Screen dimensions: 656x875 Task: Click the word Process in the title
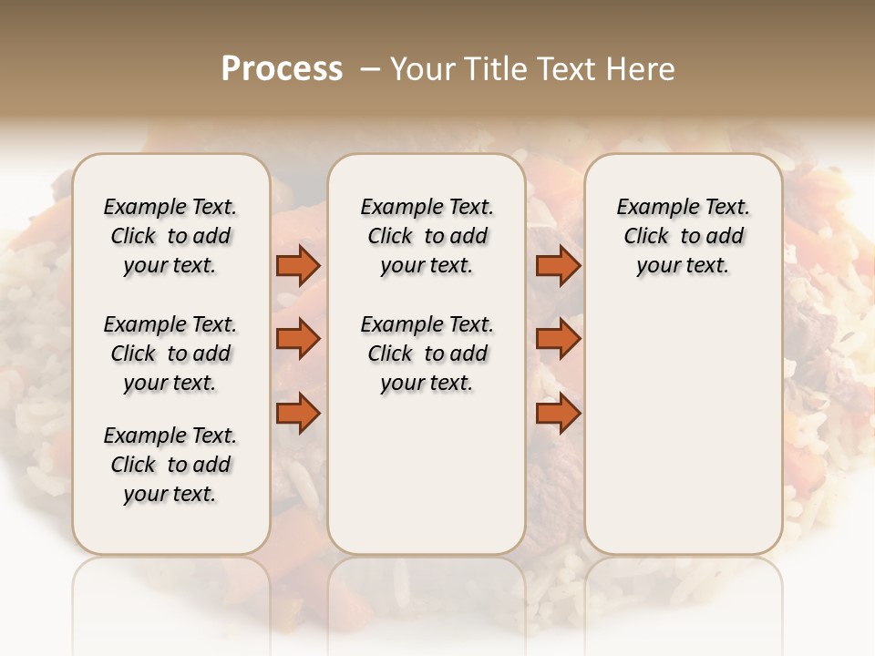[x=282, y=69]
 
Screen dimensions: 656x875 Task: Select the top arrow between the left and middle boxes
[x=298, y=266]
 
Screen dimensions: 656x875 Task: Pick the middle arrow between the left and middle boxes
[x=298, y=339]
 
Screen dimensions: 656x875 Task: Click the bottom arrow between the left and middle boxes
[x=298, y=413]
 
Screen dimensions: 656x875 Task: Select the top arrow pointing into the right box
[x=558, y=266]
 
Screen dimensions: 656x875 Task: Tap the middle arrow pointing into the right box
[x=558, y=339]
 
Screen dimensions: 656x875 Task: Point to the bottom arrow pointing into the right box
[x=558, y=413]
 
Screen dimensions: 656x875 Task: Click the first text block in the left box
[x=170, y=236]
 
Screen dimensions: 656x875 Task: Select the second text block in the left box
[x=170, y=354]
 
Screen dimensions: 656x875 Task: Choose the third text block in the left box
[x=170, y=465]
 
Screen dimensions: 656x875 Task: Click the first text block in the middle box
[x=427, y=236]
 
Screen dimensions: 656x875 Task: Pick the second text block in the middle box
[x=427, y=354]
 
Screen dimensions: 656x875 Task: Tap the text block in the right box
[x=683, y=236]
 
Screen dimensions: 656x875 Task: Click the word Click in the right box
[x=646, y=236]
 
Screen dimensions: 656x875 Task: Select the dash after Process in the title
[x=370, y=69]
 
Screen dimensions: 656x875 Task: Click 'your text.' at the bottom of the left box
[x=170, y=494]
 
